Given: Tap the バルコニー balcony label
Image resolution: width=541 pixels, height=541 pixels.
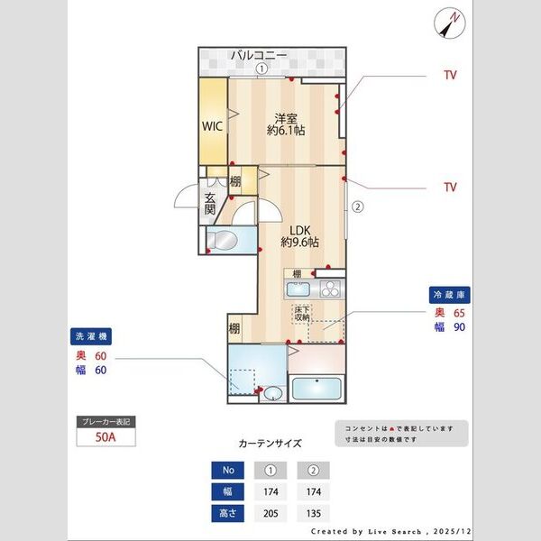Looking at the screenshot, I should click(x=259, y=56).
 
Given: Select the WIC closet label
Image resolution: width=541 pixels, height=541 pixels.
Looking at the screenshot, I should click(x=212, y=126).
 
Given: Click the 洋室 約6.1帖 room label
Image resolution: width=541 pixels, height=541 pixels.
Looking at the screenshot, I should click(x=286, y=124).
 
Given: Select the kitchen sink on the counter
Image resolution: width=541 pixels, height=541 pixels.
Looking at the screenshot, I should click(x=298, y=290).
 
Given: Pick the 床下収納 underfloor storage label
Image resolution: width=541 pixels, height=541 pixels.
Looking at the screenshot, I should click(x=301, y=314).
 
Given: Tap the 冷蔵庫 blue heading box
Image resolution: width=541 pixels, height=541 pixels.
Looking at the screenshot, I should click(x=450, y=295).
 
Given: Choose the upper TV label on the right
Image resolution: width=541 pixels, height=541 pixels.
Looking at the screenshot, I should click(x=449, y=75).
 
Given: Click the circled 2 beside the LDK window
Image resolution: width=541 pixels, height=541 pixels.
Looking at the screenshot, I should click(x=357, y=205).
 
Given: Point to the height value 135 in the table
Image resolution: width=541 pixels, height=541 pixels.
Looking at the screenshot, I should click(x=313, y=514).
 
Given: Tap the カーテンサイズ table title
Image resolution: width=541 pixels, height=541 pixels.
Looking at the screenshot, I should click(x=270, y=444).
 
